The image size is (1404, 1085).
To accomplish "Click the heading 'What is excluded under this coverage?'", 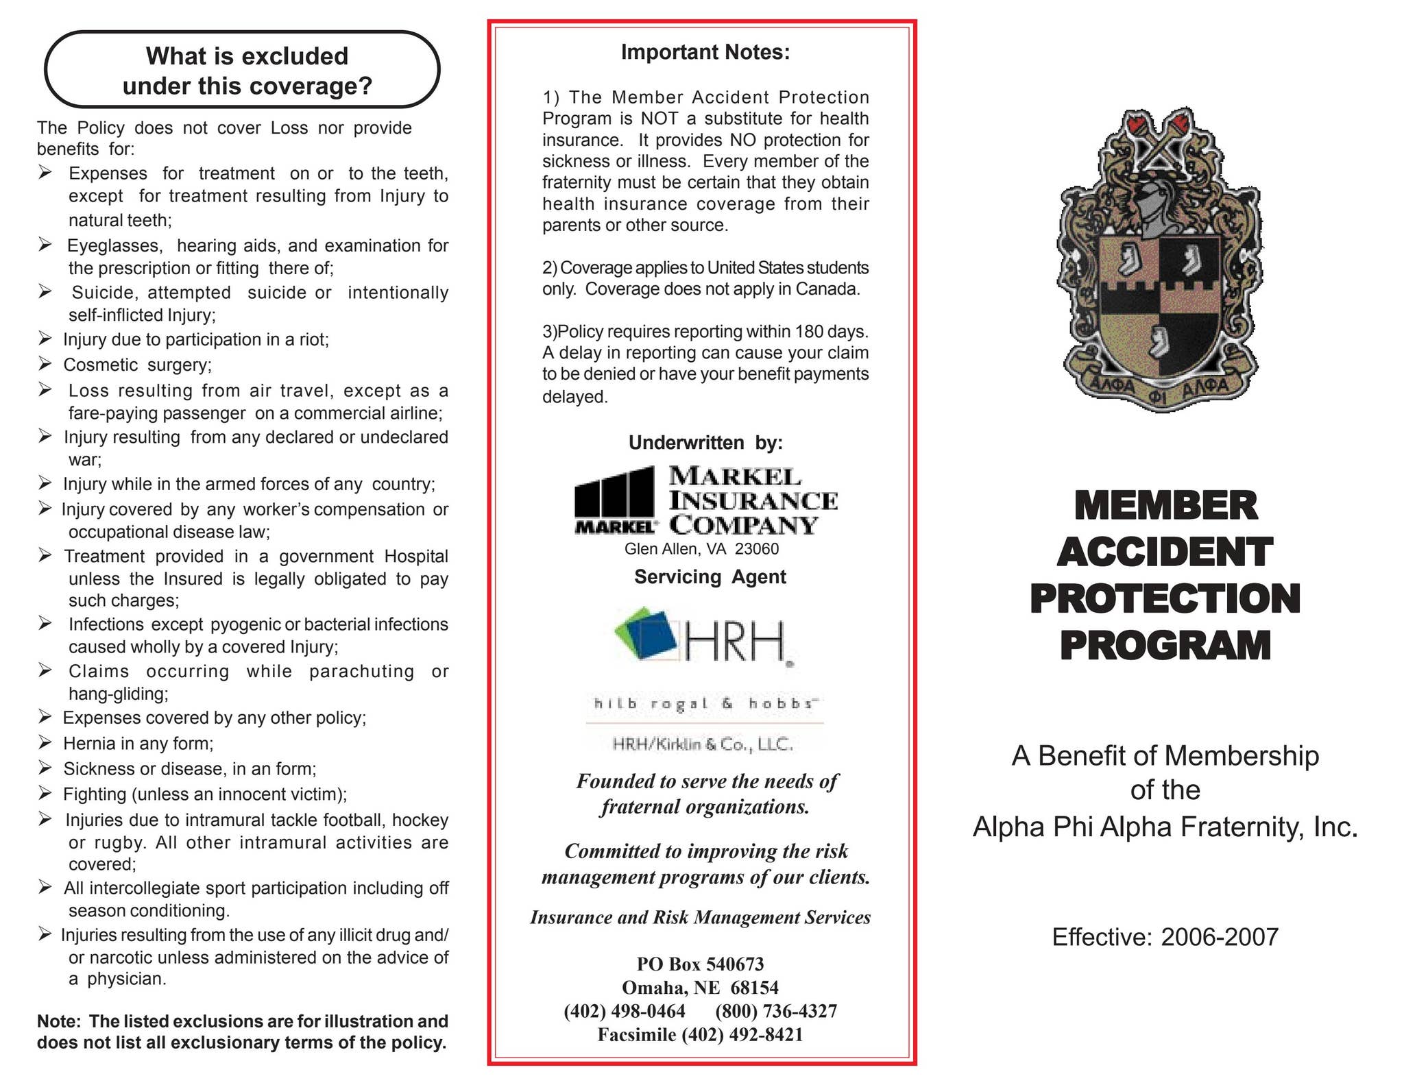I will [247, 71].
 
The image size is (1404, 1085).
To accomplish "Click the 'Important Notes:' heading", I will [705, 52].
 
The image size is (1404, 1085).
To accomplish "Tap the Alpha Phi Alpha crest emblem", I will [1159, 260].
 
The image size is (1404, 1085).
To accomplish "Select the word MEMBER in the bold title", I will [1165, 505].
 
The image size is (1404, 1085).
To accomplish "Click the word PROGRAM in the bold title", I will [1165, 646].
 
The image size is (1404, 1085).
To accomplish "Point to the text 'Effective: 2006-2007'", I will [1165, 937].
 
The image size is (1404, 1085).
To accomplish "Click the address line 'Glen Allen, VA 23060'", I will [701, 549].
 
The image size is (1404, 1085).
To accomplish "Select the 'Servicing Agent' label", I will [710, 577].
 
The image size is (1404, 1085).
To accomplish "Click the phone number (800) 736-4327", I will [775, 1011].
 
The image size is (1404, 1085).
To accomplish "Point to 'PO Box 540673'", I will [700, 964].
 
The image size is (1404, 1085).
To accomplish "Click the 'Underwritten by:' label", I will [705, 443].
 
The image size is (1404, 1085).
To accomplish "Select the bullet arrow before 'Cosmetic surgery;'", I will [45, 363].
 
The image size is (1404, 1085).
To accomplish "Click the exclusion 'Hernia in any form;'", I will [138, 744].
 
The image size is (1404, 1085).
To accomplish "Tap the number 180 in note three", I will [810, 332].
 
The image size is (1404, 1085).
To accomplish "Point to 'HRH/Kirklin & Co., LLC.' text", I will [703, 744].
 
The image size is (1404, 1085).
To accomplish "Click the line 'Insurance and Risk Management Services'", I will [700, 918].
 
